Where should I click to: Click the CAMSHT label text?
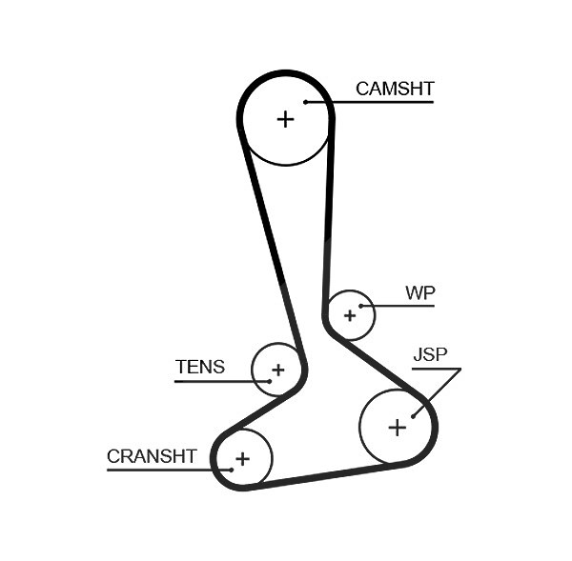tap(395, 89)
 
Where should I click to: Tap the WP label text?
tap(420, 292)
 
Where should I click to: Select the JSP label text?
tap(431, 354)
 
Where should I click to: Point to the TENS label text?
tap(200, 367)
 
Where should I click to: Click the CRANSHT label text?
tap(152, 456)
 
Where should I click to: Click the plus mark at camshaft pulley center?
tap(286, 119)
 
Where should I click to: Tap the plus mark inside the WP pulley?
tap(350, 315)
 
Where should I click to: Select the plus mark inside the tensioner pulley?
tap(278, 370)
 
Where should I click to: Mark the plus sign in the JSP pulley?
tap(398, 428)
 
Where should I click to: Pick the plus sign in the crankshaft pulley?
tap(242, 458)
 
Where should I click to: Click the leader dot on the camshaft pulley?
tap(306, 103)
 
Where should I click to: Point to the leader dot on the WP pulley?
tap(360, 306)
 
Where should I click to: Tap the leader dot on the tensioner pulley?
tap(270, 382)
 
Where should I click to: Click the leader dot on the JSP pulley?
tap(413, 416)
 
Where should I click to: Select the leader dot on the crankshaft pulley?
tap(232, 470)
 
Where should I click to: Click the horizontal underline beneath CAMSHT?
tap(370, 103)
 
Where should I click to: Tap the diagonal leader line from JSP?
tap(437, 393)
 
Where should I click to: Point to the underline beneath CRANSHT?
tap(169, 470)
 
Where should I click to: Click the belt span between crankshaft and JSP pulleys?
tap(325, 476)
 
